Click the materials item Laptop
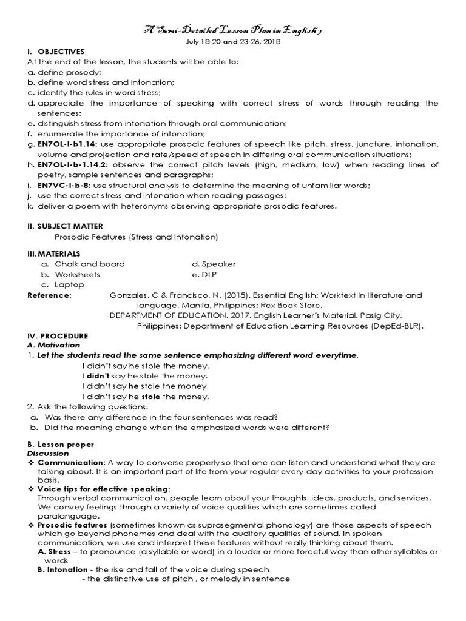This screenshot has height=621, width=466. click(x=69, y=284)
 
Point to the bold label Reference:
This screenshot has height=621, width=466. click(x=49, y=295)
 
